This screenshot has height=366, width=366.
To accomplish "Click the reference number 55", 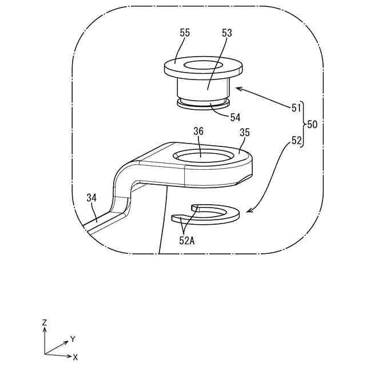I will click(x=185, y=34).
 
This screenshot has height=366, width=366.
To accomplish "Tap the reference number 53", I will click(x=227, y=34).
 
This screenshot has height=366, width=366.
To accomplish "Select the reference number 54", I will click(x=236, y=117).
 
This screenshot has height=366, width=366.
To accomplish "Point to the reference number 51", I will click(x=296, y=108).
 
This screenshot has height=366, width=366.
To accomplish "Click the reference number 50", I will click(x=312, y=124).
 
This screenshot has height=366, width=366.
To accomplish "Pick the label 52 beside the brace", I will click(x=296, y=140).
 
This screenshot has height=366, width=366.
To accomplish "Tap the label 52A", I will click(x=187, y=241).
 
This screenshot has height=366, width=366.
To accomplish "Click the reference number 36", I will click(x=198, y=131).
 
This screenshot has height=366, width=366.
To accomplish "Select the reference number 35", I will click(x=244, y=132).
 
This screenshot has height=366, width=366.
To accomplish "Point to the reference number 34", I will click(x=91, y=198).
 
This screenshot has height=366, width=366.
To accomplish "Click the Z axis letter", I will click(x=45, y=323).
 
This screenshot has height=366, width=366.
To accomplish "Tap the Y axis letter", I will click(x=73, y=339).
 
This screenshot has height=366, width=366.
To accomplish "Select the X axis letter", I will click(x=75, y=357).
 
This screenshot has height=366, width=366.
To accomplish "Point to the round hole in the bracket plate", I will click(x=203, y=155).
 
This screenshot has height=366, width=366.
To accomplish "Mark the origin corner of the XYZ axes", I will click(x=45, y=354).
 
